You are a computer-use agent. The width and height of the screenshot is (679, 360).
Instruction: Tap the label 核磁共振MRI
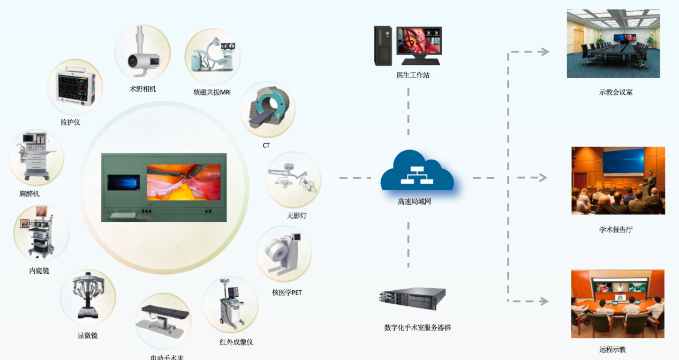(x=212, y=92)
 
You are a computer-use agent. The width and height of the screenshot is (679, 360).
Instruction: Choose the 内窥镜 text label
(x=39, y=271)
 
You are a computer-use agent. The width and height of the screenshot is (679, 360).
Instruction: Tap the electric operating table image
(x=163, y=320)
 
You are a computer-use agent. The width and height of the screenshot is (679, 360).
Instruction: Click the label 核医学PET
(x=287, y=292)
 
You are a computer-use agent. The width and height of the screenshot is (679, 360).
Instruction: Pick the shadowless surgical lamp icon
(x=294, y=180)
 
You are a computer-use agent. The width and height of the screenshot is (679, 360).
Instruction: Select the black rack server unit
(x=412, y=298)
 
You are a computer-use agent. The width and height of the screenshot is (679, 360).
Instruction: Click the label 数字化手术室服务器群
(x=418, y=327)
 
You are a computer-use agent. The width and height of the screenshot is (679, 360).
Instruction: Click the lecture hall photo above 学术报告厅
(x=618, y=181)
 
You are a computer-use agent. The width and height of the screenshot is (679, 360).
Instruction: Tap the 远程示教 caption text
(x=613, y=349)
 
